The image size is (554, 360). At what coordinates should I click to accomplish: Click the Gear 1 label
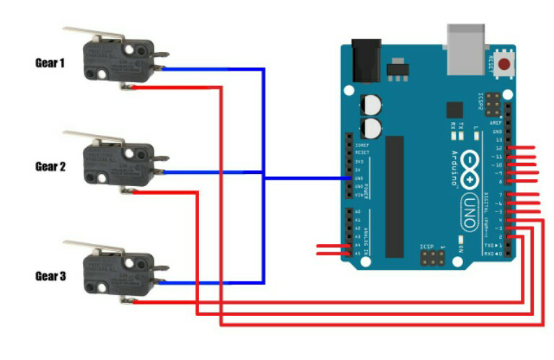[50, 63]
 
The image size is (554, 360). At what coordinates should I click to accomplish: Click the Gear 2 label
[50, 166]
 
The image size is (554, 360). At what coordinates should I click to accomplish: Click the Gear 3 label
[50, 276]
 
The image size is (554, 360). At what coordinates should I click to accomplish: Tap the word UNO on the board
[470, 211]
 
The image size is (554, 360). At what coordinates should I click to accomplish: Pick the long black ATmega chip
[395, 196]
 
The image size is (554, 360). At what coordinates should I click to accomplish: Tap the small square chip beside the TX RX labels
[454, 110]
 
